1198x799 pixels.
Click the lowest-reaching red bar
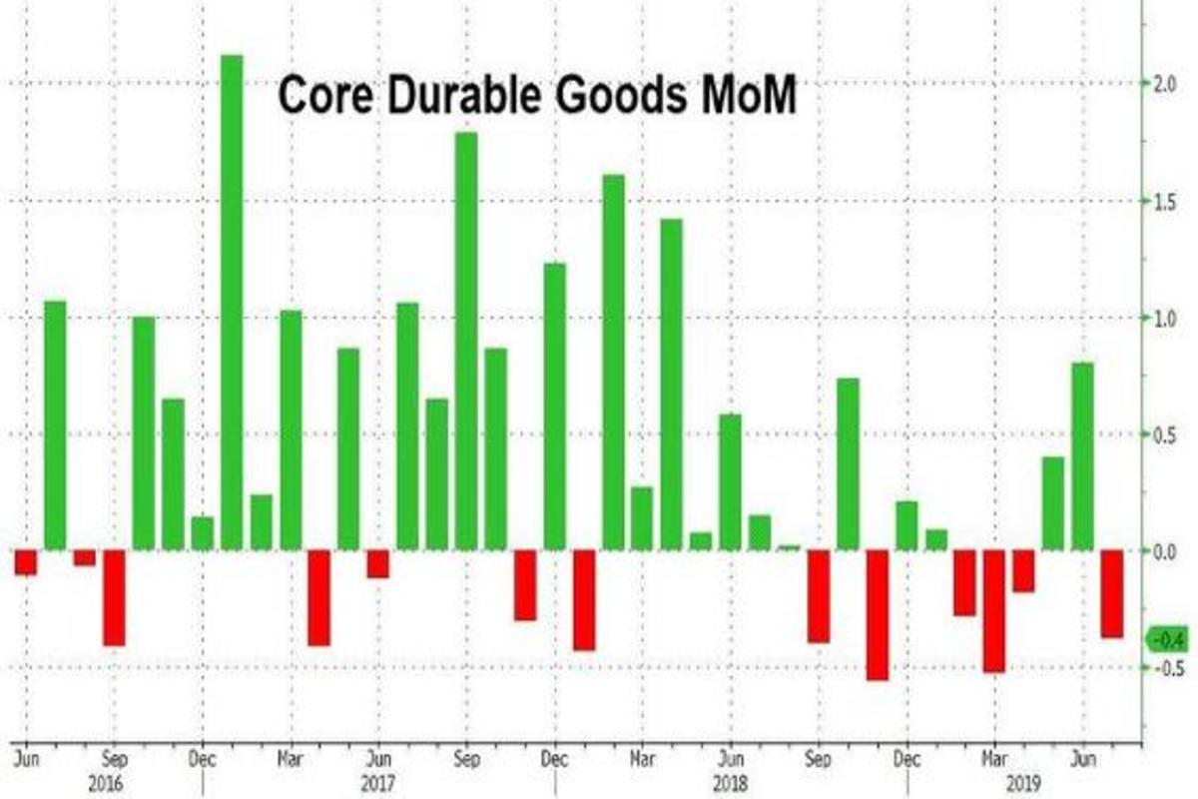[x=878, y=614]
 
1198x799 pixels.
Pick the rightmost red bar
[x=1112, y=593]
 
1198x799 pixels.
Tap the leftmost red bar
[x=25, y=562]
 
